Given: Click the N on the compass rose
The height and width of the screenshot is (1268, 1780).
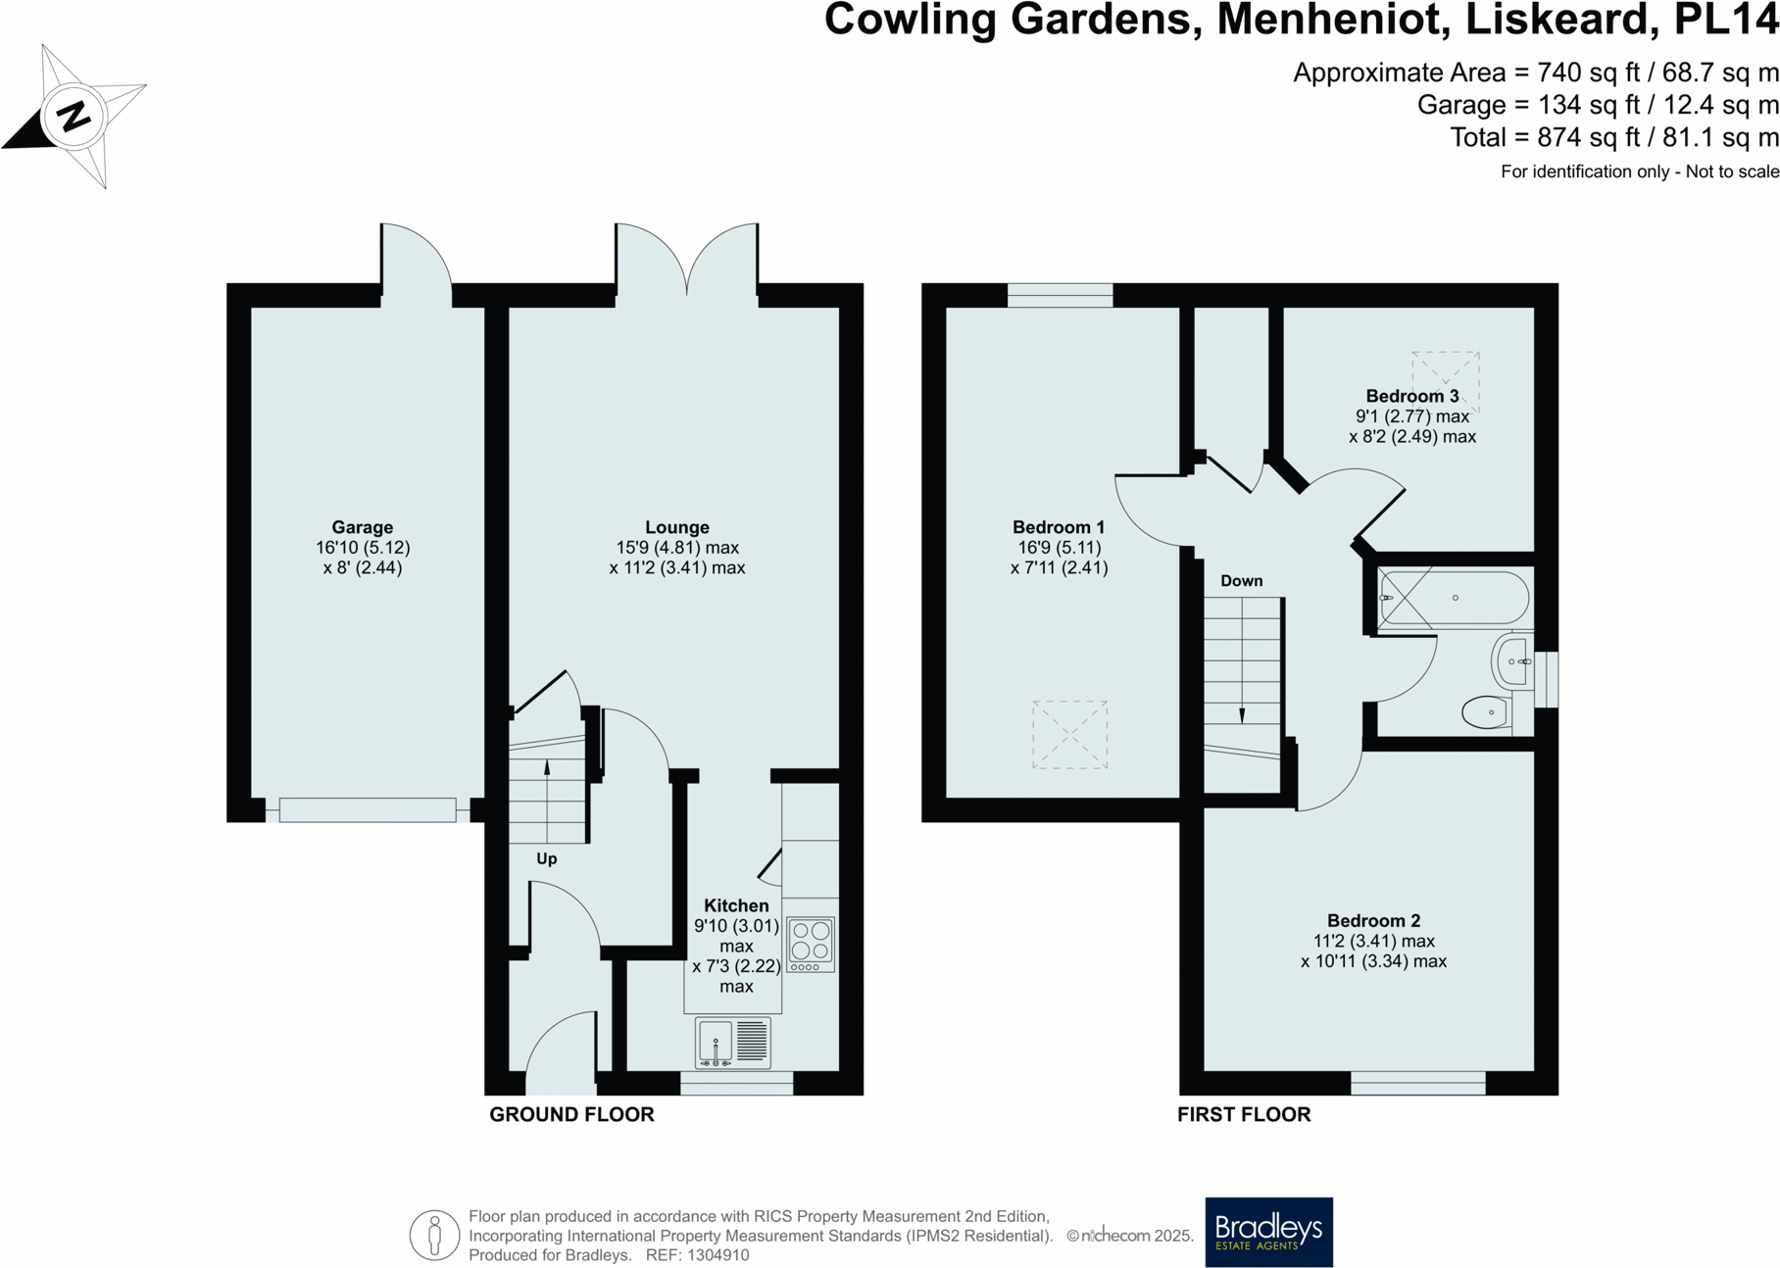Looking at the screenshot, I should [x=74, y=117].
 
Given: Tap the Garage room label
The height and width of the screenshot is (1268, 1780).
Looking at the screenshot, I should [x=362, y=527].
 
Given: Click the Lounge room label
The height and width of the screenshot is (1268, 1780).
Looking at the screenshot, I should [x=676, y=527].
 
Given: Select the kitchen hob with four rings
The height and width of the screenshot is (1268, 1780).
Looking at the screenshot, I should [x=811, y=944].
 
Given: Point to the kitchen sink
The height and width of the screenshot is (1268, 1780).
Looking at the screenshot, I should [x=717, y=1042].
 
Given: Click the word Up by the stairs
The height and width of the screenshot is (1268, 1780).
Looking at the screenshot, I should [x=546, y=858].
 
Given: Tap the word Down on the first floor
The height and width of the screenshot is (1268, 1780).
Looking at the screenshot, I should [x=1241, y=581].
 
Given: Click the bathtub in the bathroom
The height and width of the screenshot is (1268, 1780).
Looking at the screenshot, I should [x=1454, y=598].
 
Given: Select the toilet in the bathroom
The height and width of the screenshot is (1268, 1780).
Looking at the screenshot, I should [x=1485, y=712].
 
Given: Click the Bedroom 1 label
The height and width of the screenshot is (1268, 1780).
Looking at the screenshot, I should [x=1059, y=527].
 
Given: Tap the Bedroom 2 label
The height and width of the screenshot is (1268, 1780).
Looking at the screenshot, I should [x=1373, y=920].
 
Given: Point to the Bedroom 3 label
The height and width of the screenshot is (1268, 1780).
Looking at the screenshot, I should [x=1411, y=396].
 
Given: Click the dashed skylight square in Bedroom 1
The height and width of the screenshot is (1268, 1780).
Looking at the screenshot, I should [x=1069, y=734].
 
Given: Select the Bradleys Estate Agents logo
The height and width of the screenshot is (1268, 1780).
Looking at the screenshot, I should [x=1268, y=1232].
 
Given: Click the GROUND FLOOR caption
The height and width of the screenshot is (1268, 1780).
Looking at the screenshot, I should [x=571, y=1114].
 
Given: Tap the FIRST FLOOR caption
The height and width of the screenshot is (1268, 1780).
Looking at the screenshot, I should [x=1244, y=1114].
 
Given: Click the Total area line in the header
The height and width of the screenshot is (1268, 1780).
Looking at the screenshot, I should [x=1613, y=137].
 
